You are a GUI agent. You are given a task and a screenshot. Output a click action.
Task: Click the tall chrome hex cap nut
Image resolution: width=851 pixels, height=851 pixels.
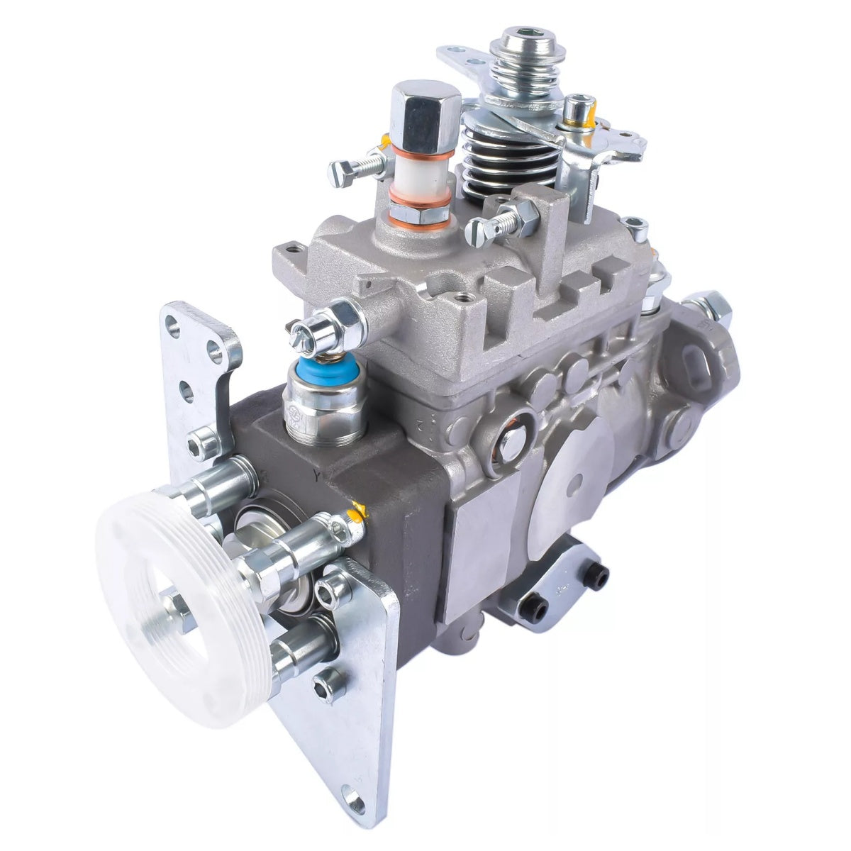(416, 113)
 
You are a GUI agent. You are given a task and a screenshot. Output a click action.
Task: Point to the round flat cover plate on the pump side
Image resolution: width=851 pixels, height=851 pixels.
(574, 489)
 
